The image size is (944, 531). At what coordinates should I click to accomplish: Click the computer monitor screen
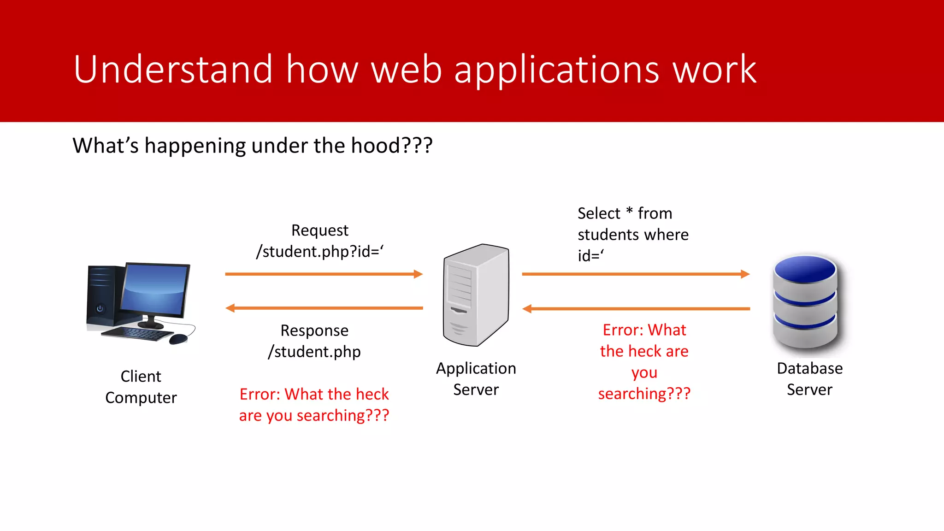(x=154, y=289)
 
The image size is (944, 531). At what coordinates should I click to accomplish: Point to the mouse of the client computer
(x=178, y=340)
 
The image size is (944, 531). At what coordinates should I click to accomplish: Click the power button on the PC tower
(x=100, y=308)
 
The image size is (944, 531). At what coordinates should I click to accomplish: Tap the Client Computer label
(x=141, y=387)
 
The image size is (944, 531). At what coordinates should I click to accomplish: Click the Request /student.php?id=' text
(x=320, y=241)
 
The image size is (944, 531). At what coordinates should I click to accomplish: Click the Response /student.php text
(x=314, y=341)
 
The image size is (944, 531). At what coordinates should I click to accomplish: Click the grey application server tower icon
(x=476, y=295)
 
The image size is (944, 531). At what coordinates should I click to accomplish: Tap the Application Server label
(x=476, y=379)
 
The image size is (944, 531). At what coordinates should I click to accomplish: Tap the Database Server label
(x=809, y=379)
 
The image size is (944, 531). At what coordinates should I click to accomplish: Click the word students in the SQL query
(x=608, y=235)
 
